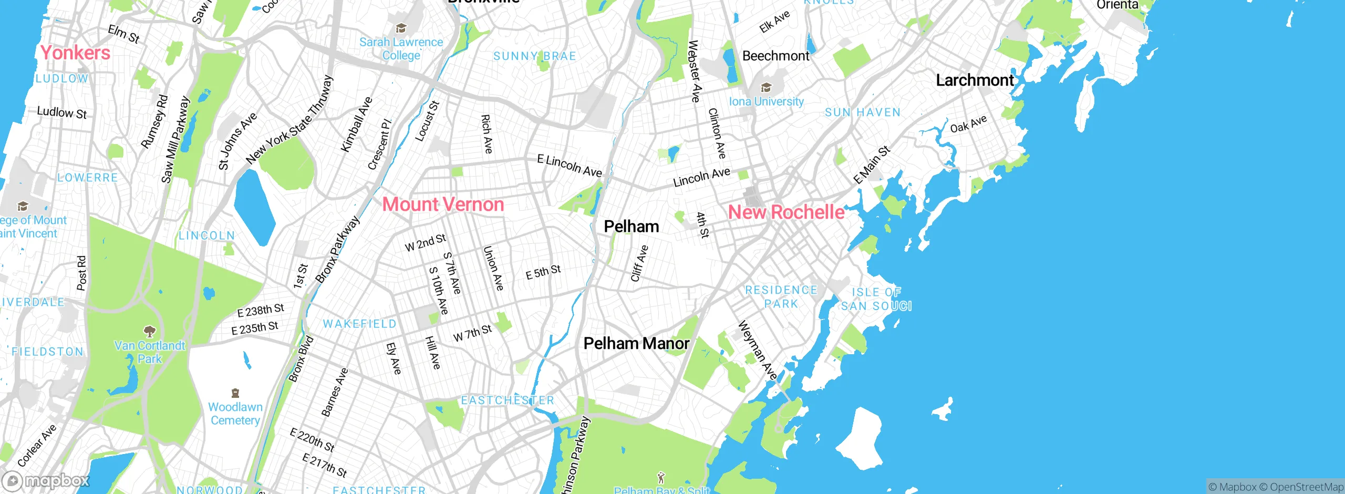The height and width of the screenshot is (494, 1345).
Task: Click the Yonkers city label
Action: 75,53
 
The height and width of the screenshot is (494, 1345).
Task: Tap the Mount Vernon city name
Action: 443,204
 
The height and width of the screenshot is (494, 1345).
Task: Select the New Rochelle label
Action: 786,212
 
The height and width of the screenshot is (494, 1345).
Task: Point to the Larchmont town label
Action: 975,80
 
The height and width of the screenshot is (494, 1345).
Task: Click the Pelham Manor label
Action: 636,344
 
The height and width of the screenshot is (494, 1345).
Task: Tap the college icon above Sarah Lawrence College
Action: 401,28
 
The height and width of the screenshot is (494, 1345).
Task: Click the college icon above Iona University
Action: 766,88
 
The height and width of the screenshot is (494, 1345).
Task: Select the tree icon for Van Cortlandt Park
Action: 150,331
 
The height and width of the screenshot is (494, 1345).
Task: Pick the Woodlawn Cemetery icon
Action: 235,393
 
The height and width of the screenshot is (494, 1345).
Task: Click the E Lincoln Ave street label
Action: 570,166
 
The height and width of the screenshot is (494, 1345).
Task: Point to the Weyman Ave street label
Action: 757,350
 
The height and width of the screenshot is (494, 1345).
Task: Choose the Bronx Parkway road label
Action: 337,250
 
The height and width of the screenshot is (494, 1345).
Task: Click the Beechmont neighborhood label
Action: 775,56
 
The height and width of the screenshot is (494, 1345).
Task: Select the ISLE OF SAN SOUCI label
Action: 876,299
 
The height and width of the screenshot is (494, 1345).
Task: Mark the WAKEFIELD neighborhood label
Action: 359,324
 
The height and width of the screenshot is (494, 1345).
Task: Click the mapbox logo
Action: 46,480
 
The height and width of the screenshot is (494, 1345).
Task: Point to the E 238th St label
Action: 261,310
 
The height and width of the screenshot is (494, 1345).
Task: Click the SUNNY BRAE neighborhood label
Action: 534,56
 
